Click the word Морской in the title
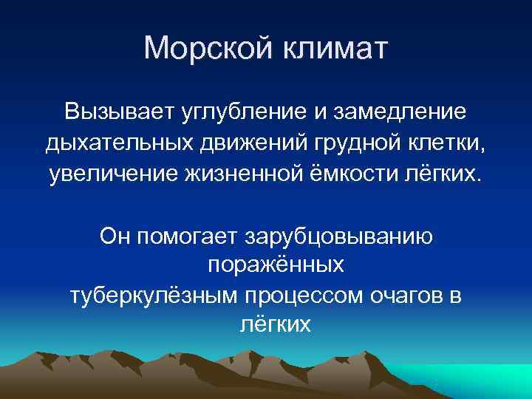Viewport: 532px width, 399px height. click(206, 49)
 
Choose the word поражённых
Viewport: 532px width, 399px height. click(275, 265)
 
